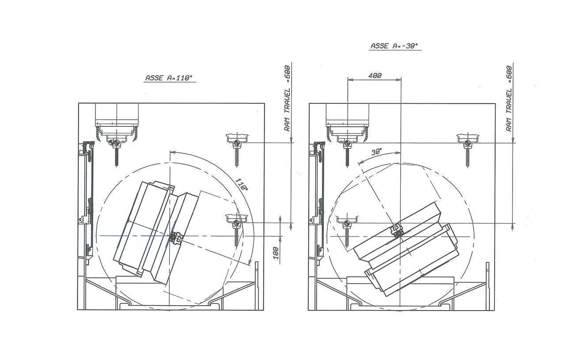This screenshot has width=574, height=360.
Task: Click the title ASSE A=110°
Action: [169, 78]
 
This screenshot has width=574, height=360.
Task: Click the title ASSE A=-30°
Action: [394, 46]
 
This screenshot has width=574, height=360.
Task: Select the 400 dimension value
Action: [375, 76]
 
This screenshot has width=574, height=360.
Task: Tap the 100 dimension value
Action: [276, 253]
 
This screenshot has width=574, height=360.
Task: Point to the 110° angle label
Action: [242, 184]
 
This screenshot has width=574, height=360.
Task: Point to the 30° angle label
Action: [376, 152]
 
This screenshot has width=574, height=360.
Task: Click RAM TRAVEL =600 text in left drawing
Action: [288, 99]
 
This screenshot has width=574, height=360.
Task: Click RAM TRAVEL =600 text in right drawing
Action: [509, 99]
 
